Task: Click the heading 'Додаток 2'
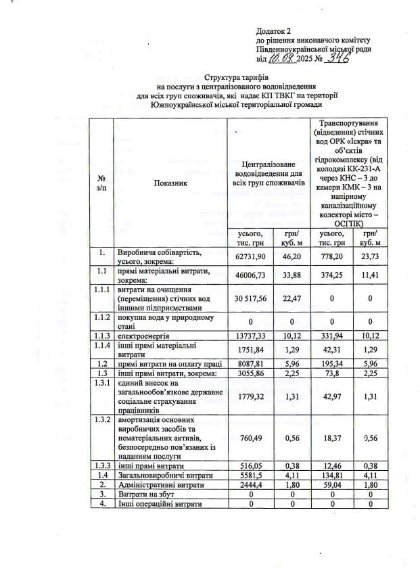click(273, 32)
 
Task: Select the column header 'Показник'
click(170, 182)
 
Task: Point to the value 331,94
click(331, 336)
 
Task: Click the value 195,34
click(331, 363)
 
